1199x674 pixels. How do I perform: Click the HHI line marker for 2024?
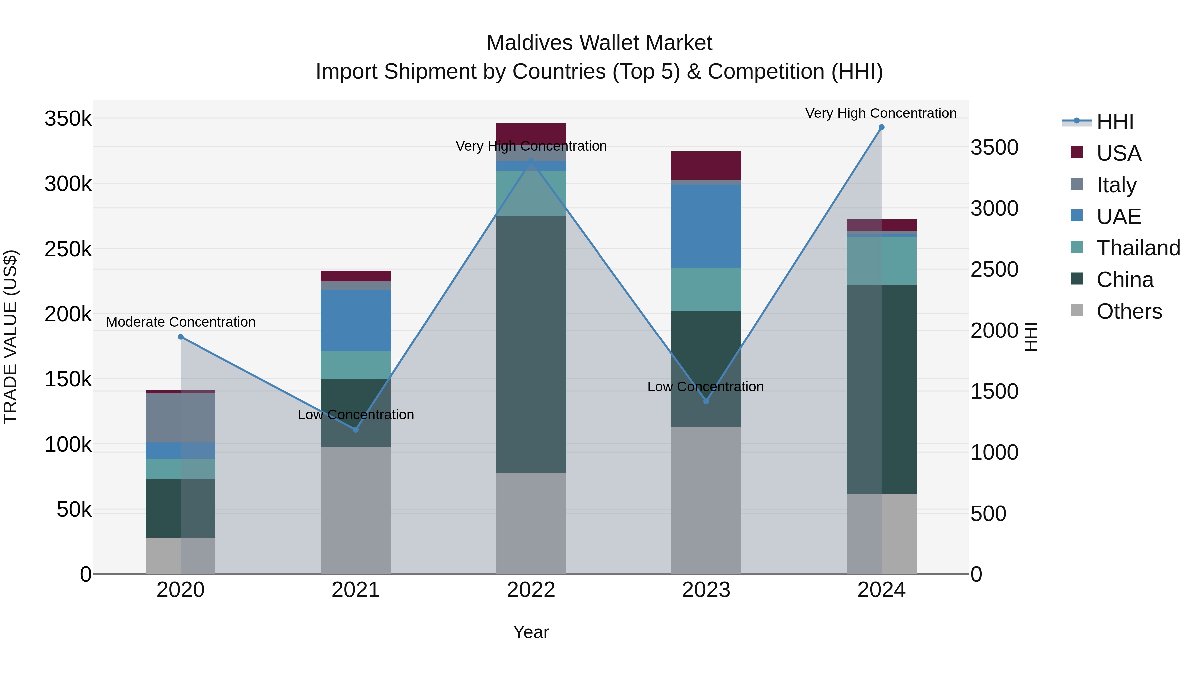(881, 127)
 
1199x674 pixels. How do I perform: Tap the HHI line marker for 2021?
(356, 430)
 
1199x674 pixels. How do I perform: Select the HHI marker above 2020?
(181, 337)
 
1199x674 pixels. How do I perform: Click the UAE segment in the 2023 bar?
(706, 226)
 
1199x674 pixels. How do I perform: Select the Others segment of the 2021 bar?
(356, 510)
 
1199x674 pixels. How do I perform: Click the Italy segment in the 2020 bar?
(181, 418)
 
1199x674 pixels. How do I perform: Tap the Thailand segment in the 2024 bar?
(881, 261)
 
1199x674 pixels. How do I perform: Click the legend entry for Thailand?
(1138, 248)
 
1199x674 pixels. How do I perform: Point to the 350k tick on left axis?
(68, 118)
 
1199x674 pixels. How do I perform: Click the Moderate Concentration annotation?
(181, 322)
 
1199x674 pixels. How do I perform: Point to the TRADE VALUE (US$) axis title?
(11, 337)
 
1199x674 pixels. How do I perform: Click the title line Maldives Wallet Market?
(599, 43)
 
